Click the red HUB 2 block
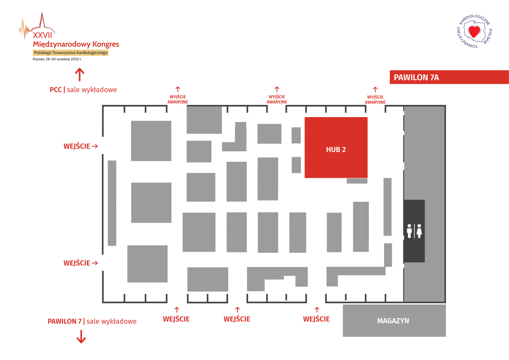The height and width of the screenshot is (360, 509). point(336,147)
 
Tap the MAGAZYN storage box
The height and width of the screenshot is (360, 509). point(394,321)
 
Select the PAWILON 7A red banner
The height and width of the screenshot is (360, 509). point(449,77)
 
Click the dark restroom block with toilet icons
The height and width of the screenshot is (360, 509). point(414,231)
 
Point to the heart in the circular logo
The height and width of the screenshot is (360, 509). point(474,32)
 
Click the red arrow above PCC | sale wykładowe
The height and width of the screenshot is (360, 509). point(79,74)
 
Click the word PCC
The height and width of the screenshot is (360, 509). point(56,90)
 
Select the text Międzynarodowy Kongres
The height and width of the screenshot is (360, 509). point(76,44)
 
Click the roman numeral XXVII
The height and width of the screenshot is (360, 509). point(42,35)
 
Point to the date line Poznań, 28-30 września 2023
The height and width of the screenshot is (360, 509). point(57,59)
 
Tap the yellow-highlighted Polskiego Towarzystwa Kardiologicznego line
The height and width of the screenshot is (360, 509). point(71,53)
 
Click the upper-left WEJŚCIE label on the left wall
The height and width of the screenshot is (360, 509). point(77,146)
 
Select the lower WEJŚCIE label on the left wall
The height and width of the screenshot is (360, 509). point(77,263)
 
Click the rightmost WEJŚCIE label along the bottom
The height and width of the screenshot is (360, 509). point(316,319)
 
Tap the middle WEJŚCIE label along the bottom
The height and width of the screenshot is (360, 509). point(237,319)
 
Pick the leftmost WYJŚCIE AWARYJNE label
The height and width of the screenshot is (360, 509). point(177,99)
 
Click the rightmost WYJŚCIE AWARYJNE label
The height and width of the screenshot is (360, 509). point(375,100)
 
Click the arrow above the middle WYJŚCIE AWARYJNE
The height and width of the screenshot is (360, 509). point(277,89)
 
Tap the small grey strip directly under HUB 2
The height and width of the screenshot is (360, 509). point(357,181)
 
